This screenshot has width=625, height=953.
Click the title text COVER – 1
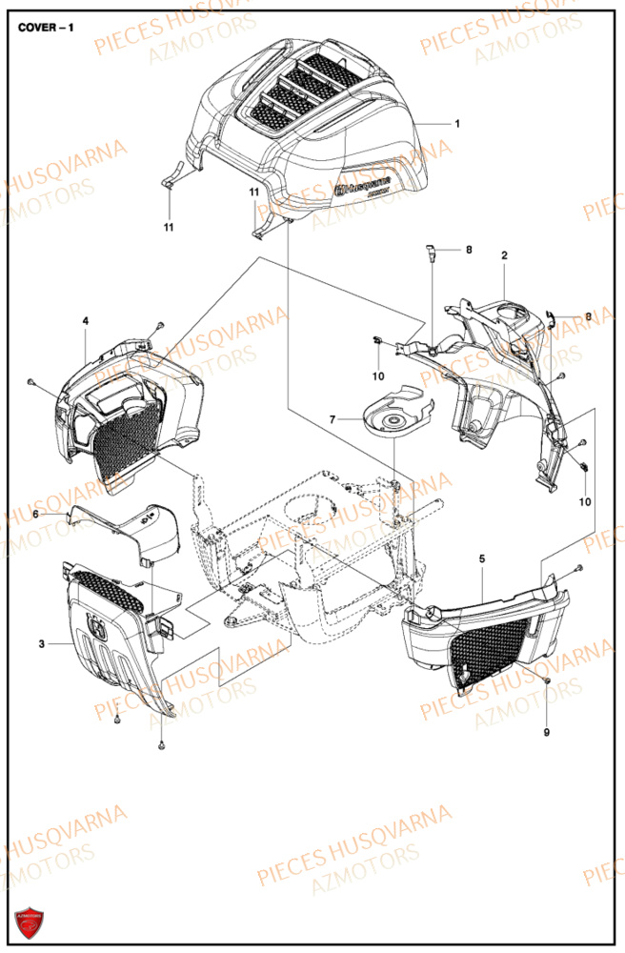[x=46, y=28]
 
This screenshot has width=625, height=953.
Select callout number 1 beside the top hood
[x=456, y=124]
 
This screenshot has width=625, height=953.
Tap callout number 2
[x=504, y=254]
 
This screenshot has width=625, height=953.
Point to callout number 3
[x=42, y=645]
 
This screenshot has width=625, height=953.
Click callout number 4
[x=85, y=321]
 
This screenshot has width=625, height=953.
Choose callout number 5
[x=482, y=558]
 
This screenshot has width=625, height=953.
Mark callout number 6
[x=36, y=514]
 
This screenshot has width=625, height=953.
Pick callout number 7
[x=333, y=419]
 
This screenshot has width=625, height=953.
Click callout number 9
[x=548, y=732]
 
